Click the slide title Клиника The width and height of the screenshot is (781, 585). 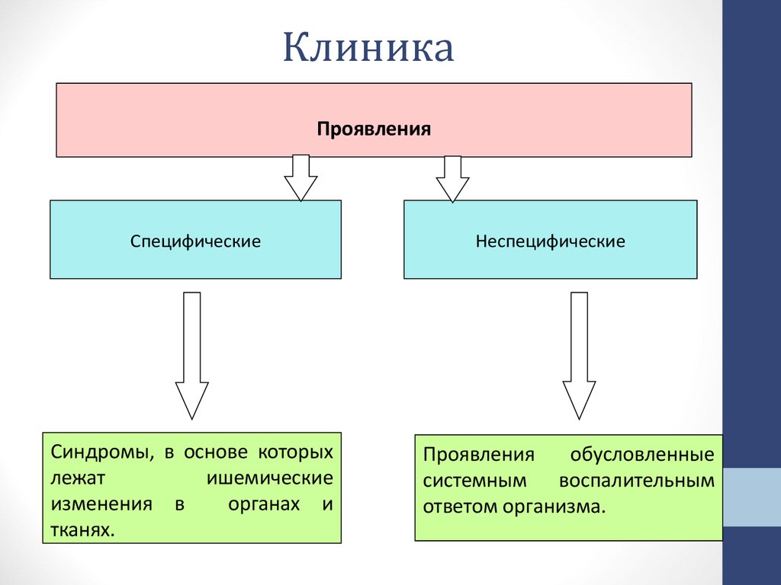pos(368,49)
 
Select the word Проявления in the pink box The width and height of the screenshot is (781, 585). pos(374,129)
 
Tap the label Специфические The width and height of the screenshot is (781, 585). pos(195,241)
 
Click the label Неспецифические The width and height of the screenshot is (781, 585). pos(550,241)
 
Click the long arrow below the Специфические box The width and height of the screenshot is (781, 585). pos(192,354)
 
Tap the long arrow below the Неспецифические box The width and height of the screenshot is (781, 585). pos(579,354)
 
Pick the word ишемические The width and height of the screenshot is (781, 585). pos(270,478)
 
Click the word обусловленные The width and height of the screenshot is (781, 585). pos(642,456)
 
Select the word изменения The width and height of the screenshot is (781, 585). pos(102,504)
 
